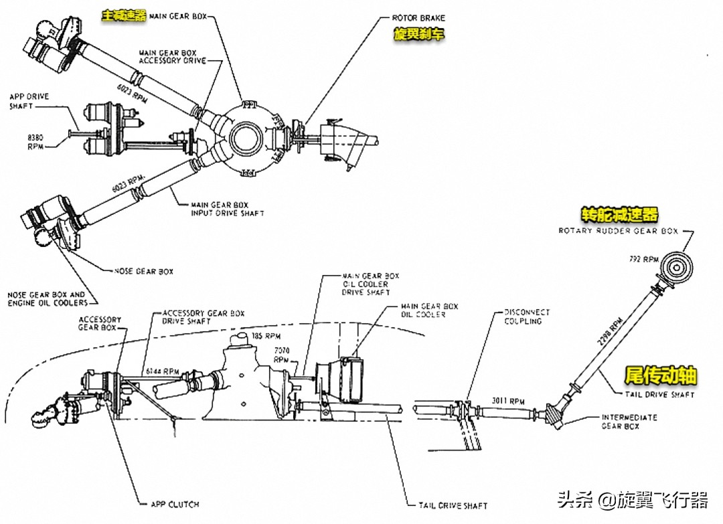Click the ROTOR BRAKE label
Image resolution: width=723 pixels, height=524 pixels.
(x=418, y=18)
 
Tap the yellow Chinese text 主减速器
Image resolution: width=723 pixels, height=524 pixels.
(x=123, y=15)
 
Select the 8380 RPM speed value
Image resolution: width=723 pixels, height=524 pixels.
(x=35, y=141)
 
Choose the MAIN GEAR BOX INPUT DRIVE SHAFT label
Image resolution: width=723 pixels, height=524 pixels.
(x=228, y=209)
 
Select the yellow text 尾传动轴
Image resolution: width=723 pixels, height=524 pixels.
(x=660, y=375)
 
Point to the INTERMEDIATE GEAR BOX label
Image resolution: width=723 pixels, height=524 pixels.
(x=629, y=422)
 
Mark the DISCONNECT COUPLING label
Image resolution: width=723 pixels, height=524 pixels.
(x=527, y=316)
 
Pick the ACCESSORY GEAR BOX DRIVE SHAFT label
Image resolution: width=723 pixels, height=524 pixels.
(x=204, y=317)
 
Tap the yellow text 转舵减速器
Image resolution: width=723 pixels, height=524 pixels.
(x=619, y=215)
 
